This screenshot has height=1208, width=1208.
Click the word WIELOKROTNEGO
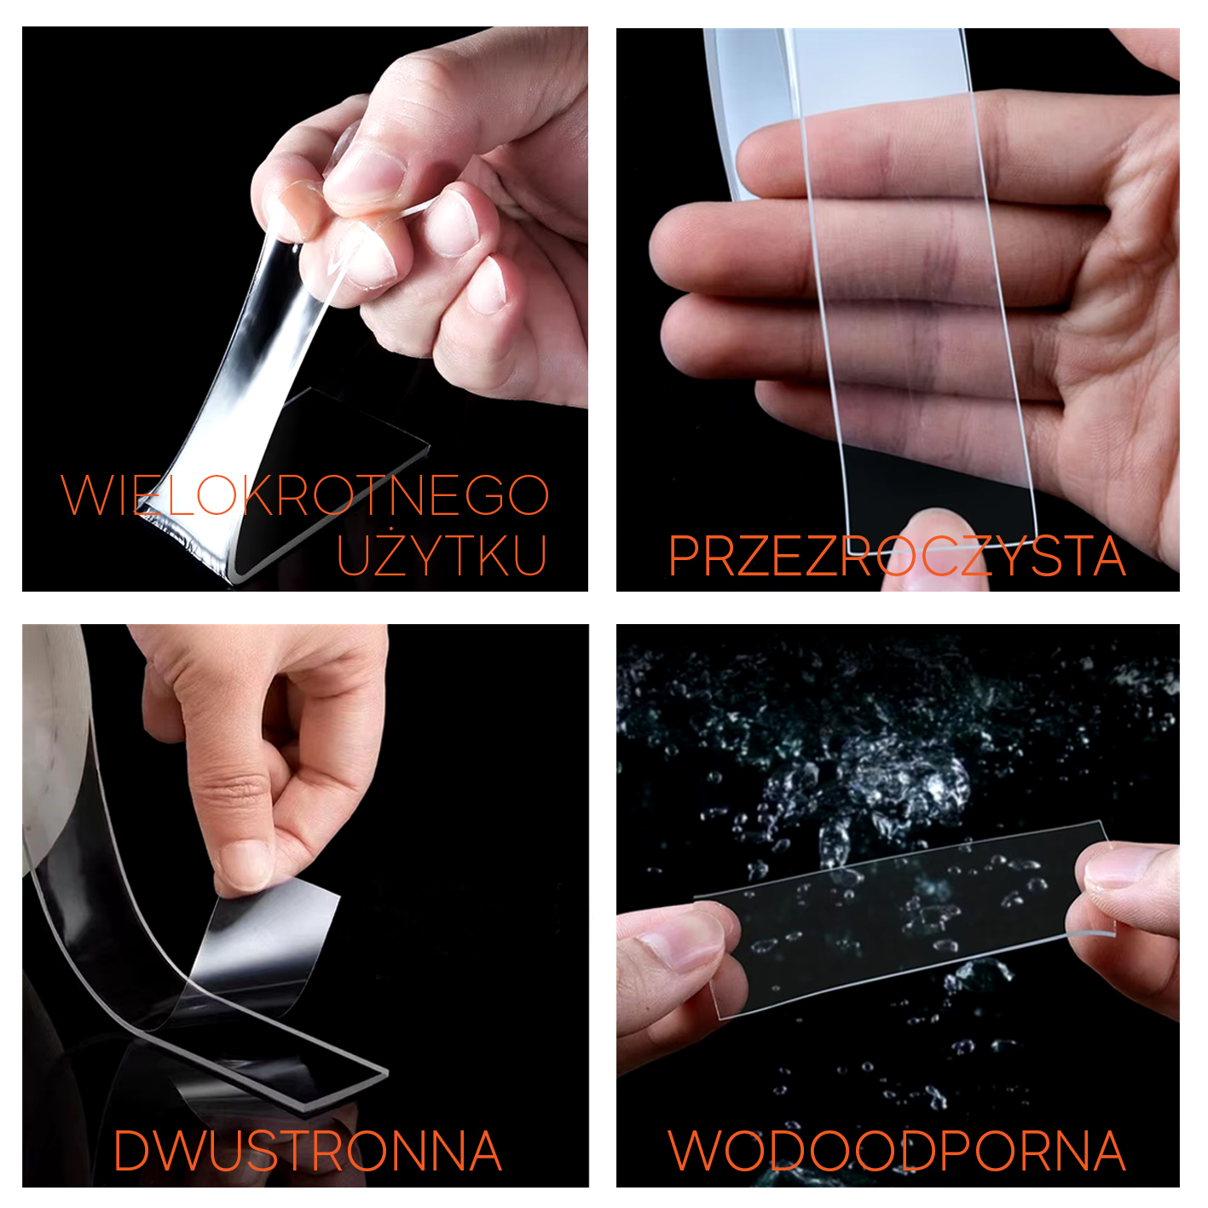[x=304, y=494]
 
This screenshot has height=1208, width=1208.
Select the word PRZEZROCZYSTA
[x=897, y=556]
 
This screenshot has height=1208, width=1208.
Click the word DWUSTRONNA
[x=307, y=1151]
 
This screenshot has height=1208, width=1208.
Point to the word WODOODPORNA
[x=897, y=1151]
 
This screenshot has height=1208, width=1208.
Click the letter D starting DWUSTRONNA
[x=131, y=1151]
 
